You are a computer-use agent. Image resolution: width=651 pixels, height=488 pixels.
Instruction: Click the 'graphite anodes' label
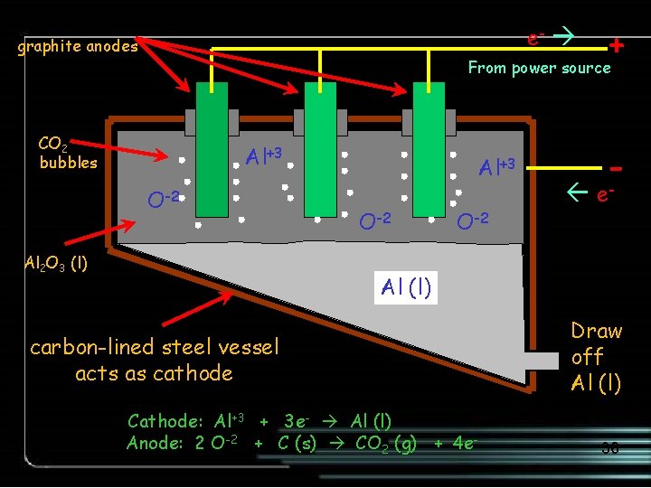(79, 46)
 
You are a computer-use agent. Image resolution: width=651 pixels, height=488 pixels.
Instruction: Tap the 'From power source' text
(539, 68)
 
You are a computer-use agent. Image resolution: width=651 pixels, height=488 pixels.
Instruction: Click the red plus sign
(616, 45)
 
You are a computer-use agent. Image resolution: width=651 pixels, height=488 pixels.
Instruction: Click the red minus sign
(616, 168)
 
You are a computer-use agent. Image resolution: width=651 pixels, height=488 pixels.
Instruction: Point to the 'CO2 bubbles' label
(68, 153)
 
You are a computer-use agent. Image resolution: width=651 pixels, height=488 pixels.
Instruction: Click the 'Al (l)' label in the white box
(406, 288)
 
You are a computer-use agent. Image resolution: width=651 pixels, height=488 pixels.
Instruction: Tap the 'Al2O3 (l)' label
(55, 266)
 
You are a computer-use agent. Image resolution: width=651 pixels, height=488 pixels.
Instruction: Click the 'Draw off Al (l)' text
(597, 357)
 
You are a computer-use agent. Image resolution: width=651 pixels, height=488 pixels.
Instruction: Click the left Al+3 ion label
(266, 157)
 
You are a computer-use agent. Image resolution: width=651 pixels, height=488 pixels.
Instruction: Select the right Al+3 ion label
(496, 167)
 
